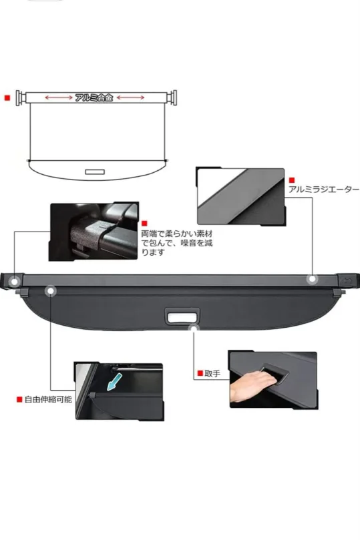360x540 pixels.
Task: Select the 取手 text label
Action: coord(212,374)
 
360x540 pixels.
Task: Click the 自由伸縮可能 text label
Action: coord(48,400)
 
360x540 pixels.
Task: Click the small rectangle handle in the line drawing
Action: coord(95,172)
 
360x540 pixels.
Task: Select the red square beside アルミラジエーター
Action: coord(291,180)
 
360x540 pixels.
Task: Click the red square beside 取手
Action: coord(199,374)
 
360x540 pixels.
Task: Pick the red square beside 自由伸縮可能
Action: coord(19,400)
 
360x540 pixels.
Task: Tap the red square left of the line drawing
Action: coord(7,97)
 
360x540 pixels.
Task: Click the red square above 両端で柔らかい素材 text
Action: coord(145,224)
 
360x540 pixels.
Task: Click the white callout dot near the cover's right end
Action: coord(311,280)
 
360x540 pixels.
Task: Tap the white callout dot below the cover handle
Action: coord(194,328)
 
